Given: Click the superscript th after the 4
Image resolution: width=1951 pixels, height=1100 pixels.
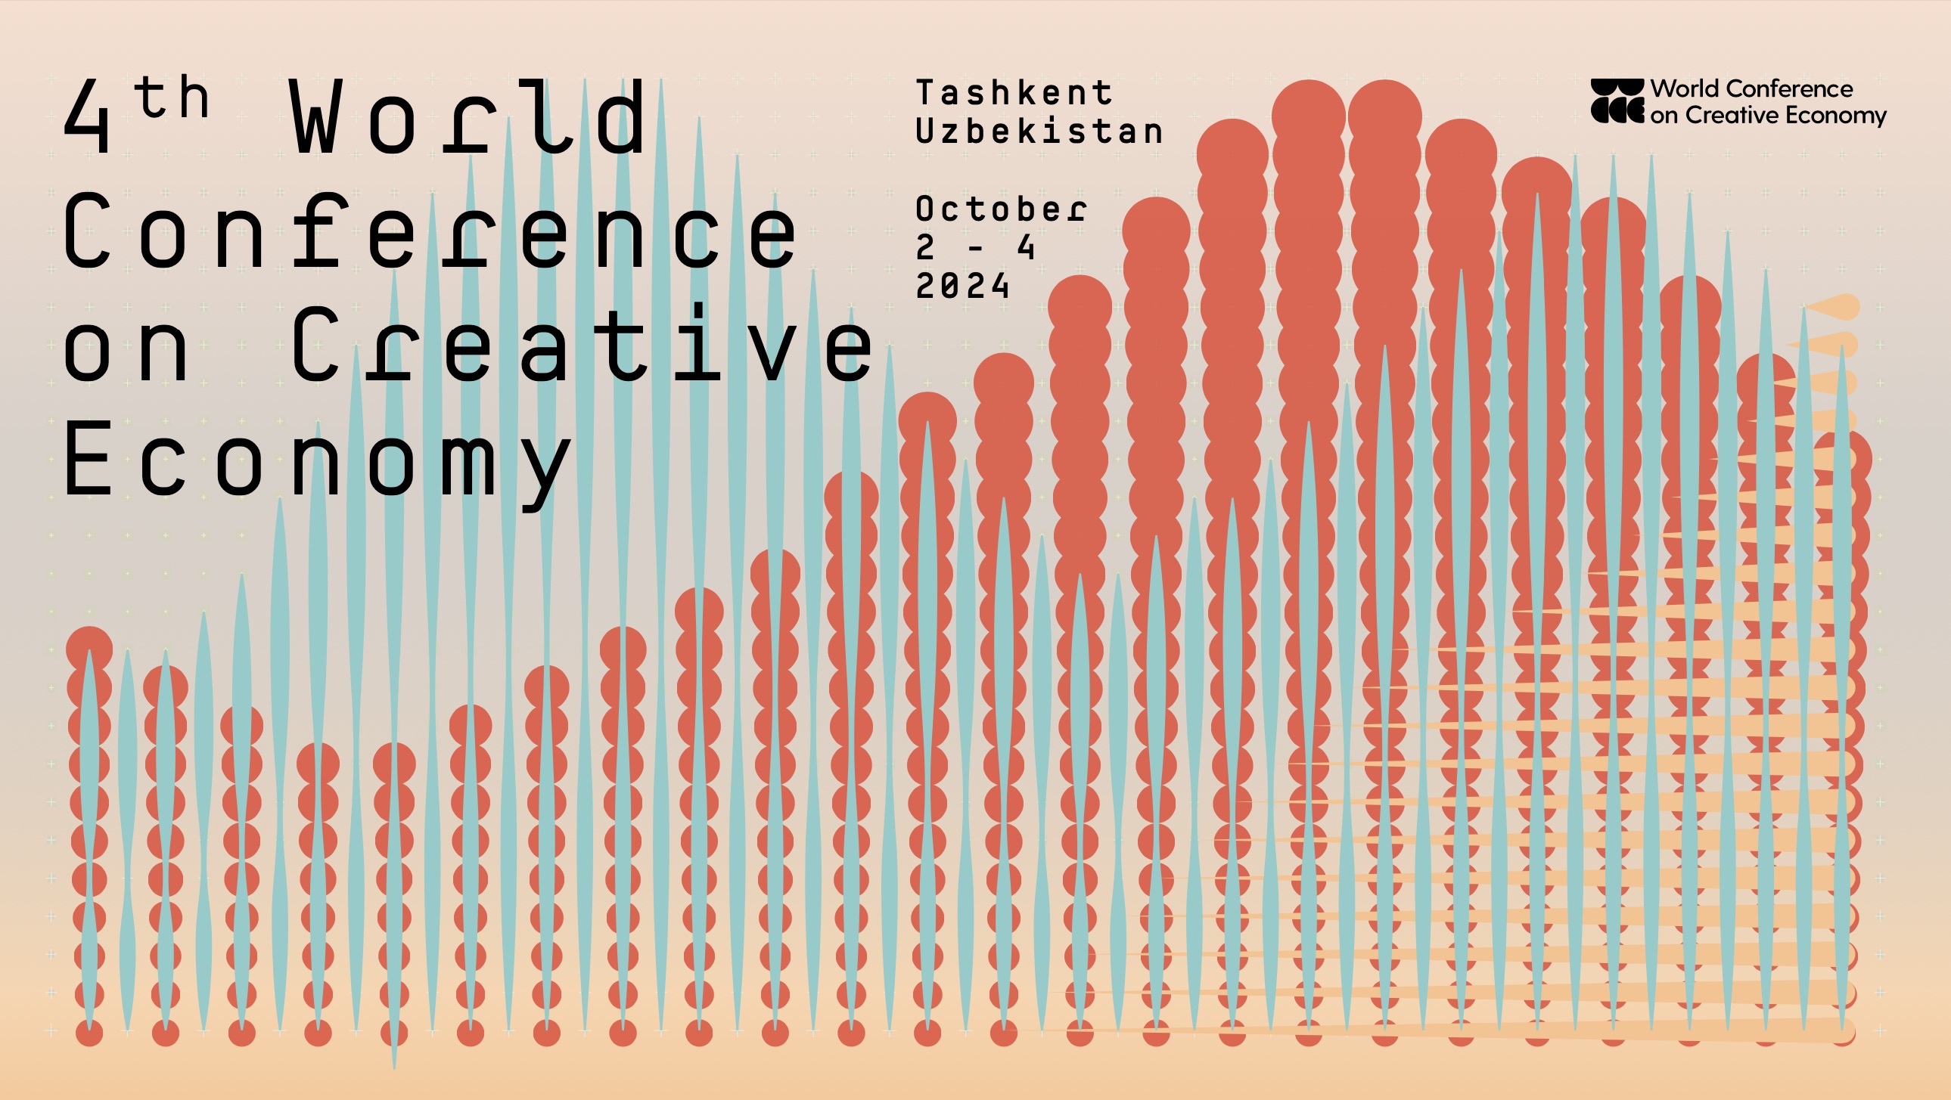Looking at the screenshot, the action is coord(171,98).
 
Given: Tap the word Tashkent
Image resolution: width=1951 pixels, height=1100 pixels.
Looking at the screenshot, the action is coord(1014,93).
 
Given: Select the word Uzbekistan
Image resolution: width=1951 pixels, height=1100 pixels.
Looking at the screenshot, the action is coord(1039,132).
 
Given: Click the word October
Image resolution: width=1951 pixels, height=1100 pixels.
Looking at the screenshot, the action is coord(1002,209).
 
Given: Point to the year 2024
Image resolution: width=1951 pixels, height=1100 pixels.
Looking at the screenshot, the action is coord(962,287).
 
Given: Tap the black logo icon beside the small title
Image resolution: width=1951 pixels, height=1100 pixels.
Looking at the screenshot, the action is coord(1617,101).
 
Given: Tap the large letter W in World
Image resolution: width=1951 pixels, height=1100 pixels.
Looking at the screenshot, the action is coord(312,116).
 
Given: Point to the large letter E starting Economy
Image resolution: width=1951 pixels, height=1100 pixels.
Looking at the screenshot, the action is coord(88,457).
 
